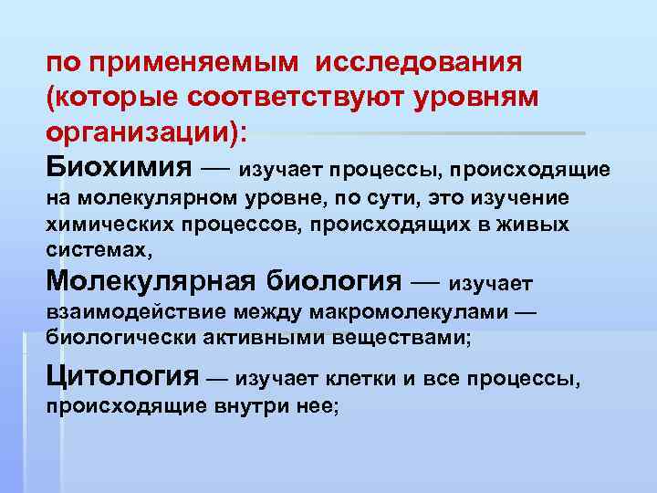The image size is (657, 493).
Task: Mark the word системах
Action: click(93, 248)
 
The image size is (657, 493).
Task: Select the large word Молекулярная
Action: click(151, 279)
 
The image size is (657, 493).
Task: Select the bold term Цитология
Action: click(121, 374)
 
